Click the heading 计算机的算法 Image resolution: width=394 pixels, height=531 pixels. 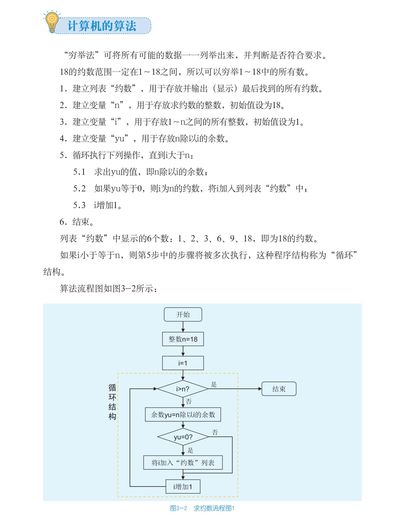(102, 26)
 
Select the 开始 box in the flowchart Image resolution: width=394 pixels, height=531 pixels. (183, 315)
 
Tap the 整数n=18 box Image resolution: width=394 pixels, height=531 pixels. (183, 339)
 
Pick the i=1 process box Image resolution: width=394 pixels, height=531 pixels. (183, 363)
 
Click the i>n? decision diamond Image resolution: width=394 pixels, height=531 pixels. (183, 389)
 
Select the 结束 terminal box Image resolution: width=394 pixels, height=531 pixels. (279, 389)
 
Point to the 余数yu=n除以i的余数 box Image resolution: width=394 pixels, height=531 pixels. (183, 414)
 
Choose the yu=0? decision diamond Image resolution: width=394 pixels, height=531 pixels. (183, 437)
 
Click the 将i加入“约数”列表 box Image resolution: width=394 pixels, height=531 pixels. (183, 462)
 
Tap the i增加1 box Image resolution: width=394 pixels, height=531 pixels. (183, 486)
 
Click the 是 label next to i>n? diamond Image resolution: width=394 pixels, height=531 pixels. (214, 384)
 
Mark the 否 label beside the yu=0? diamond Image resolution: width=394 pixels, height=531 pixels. (215, 432)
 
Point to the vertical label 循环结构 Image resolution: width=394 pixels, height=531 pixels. (112, 402)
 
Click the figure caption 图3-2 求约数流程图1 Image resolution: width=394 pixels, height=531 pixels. (202, 508)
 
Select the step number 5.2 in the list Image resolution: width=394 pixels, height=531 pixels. (79, 188)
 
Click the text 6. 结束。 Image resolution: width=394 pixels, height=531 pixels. (76, 222)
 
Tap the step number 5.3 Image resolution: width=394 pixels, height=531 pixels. (79, 205)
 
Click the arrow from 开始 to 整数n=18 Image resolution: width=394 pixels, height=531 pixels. (183, 327)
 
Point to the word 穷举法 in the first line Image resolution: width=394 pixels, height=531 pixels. (82, 55)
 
